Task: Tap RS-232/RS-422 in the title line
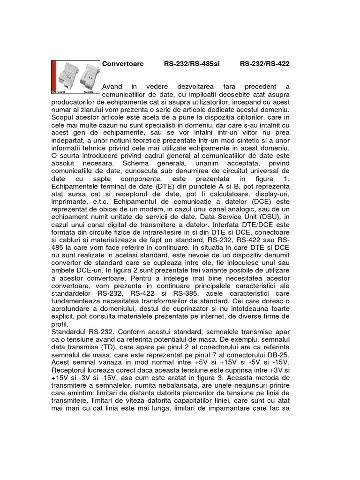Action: click(x=264, y=64)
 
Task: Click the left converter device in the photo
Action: click(x=65, y=76)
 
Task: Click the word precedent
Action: click(x=260, y=87)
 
